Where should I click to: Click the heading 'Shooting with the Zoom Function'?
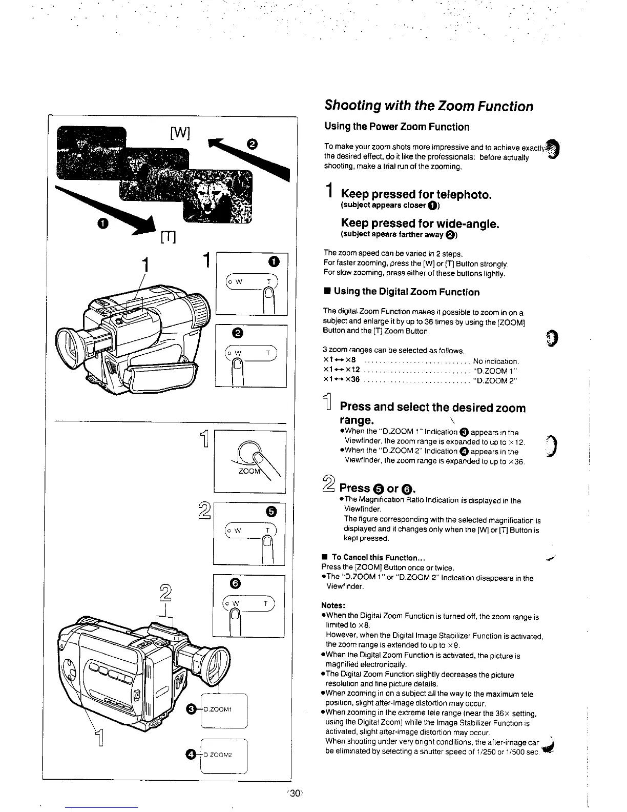pyautogui.click(x=428, y=107)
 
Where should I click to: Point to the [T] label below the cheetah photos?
pyautogui.click(x=169, y=237)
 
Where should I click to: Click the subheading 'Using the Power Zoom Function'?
pyautogui.click(x=396, y=127)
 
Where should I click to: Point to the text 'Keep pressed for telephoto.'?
pyautogui.click(x=416, y=194)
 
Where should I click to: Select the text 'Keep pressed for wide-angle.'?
pyautogui.click(x=420, y=224)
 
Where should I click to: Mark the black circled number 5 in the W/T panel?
pyautogui.click(x=272, y=511)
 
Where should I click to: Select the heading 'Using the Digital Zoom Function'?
pyautogui.click(x=406, y=292)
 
